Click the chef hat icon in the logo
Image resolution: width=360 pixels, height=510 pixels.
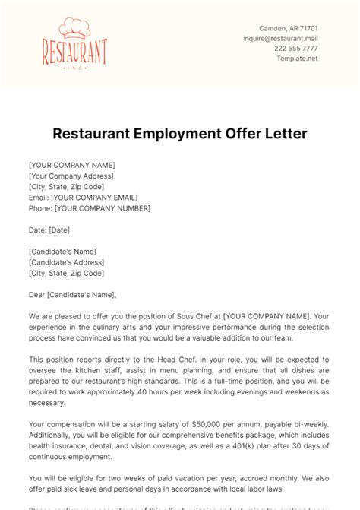74,27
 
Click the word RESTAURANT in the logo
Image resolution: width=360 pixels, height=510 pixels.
74,52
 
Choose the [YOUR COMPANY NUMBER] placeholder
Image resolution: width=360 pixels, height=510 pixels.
102,208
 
